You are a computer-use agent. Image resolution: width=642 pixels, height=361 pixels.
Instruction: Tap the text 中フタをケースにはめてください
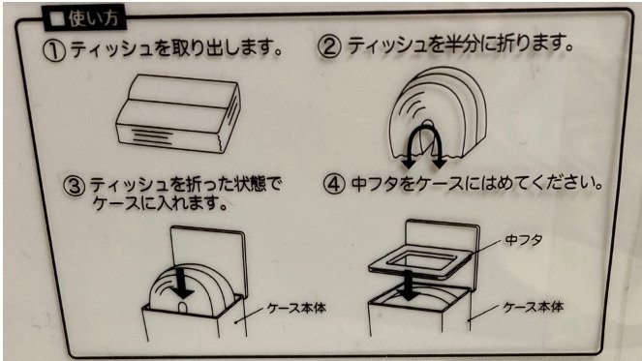[x=475, y=182]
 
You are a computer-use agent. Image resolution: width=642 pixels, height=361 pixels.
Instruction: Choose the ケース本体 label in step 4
[x=535, y=307]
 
